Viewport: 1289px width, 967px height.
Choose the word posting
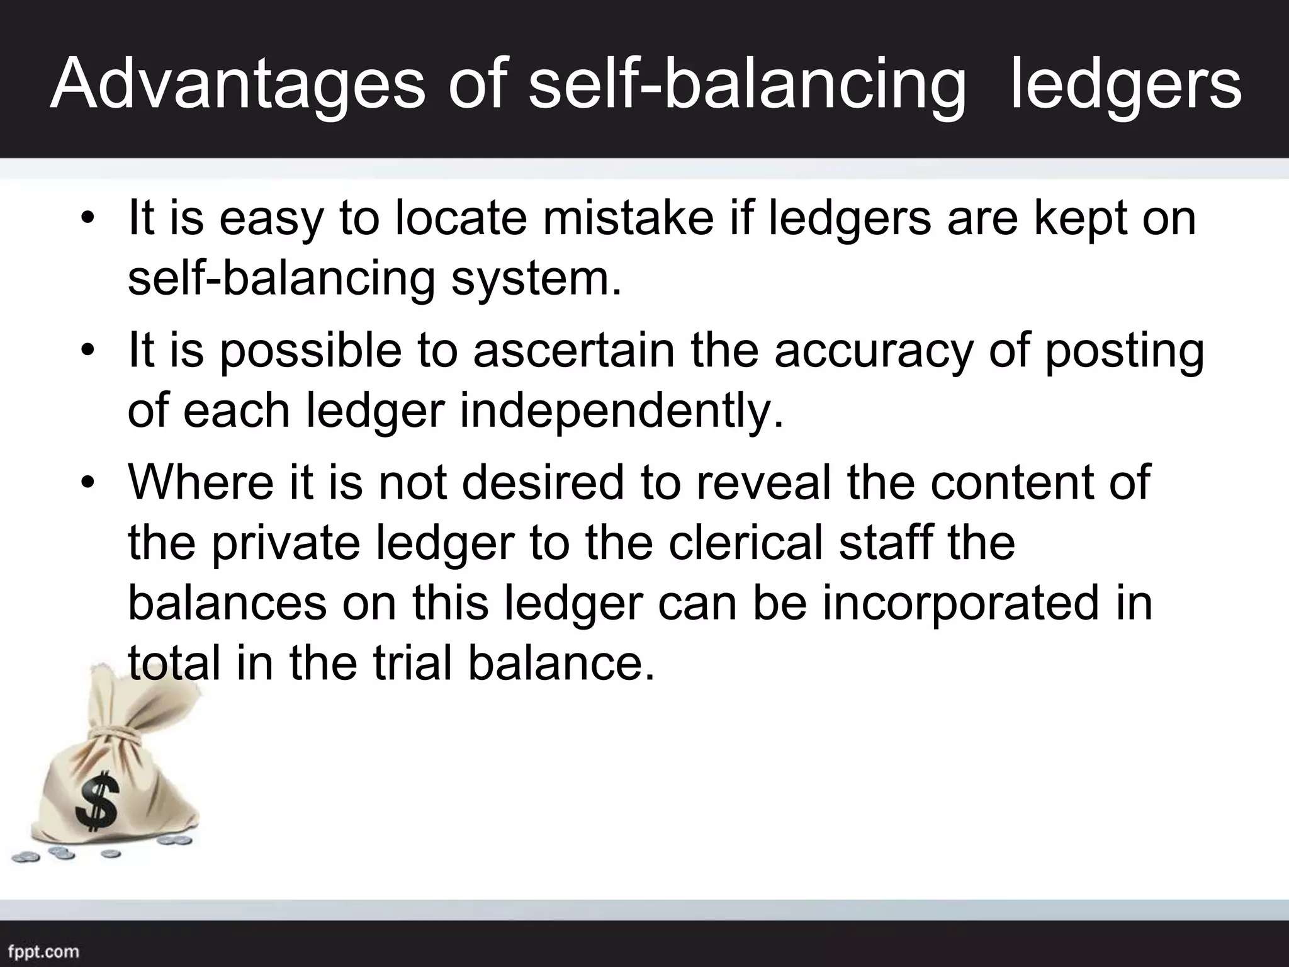[x=1124, y=351]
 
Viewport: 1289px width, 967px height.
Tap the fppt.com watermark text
[x=44, y=951]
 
